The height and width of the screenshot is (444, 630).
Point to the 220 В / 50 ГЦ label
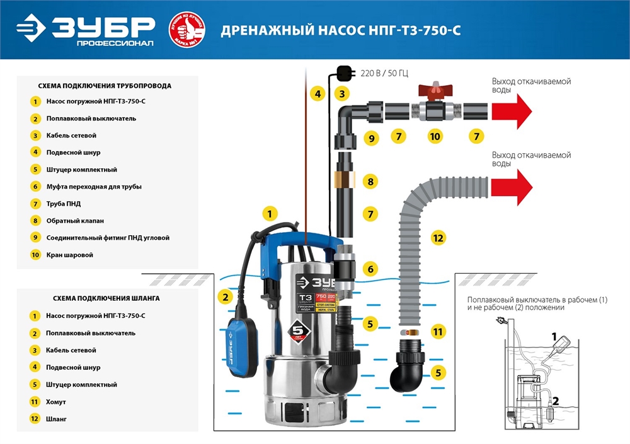click(384, 73)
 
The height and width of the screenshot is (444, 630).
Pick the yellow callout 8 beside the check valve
click(370, 182)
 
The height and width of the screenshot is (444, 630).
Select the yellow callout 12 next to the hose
click(438, 238)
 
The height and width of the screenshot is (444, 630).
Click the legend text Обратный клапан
click(75, 221)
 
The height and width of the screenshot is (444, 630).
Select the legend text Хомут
click(57, 401)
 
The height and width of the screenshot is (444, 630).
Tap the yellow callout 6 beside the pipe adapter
click(370, 269)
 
